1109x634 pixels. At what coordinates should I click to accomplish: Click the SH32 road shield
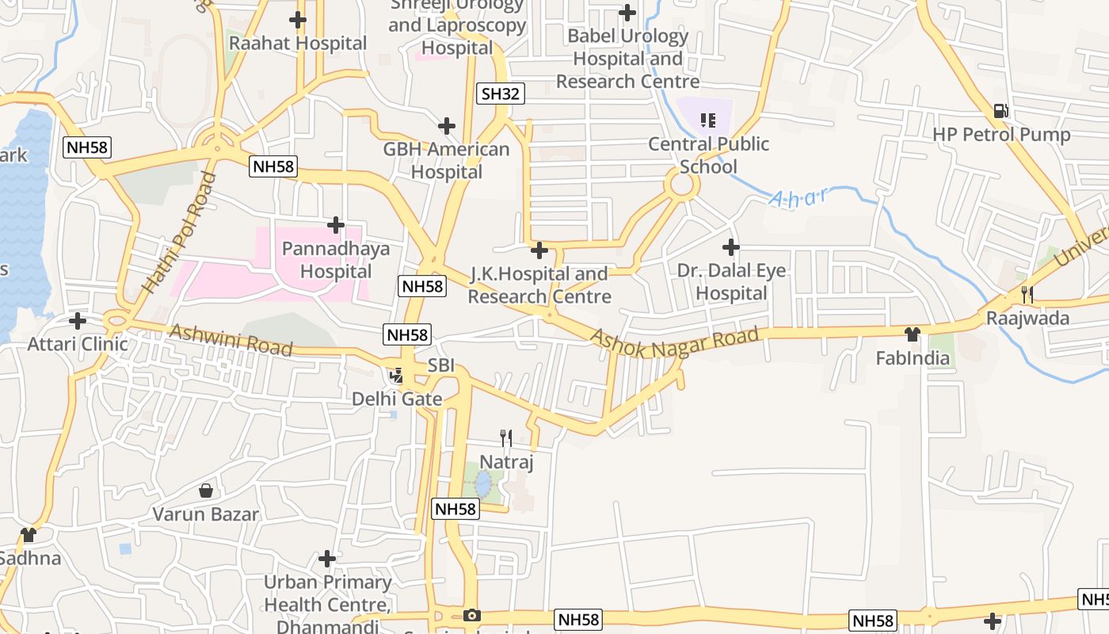[x=501, y=94]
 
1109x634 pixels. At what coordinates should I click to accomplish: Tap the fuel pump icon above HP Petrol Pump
[x=1001, y=111]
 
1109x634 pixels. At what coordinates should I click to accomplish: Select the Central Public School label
[x=708, y=155]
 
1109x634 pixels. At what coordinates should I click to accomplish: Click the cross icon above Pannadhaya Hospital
[x=336, y=226]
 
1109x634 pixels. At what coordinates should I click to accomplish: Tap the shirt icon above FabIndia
[x=913, y=334]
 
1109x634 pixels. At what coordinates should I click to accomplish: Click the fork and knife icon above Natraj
[x=506, y=437]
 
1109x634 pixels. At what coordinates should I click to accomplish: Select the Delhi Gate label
[x=397, y=399]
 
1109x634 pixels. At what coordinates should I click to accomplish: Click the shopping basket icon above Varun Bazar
[x=206, y=491]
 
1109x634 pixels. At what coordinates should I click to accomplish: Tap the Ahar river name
[x=798, y=197]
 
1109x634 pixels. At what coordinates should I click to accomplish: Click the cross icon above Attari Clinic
[x=78, y=321]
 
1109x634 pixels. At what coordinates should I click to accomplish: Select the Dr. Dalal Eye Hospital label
[x=731, y=282]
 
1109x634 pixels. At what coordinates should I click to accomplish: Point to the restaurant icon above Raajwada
[x=1027, y=295]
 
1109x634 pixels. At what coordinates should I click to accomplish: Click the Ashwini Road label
[x=231, y=341]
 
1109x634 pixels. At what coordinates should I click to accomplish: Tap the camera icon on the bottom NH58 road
[x=471, y=616]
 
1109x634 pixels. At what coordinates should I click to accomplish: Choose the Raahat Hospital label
[x=298, y=44]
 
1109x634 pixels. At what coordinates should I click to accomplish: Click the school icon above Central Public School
[x=707, y=120]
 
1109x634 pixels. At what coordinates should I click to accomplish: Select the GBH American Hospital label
[x=446, y=161]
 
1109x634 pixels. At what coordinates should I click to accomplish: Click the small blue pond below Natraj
[x=482, y=483]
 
